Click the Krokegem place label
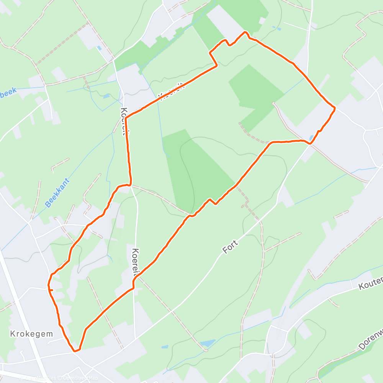[x=32, y=334]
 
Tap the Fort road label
[x=230, y=247]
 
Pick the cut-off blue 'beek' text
[x=8, y=93]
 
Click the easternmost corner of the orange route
[x=335, y=108]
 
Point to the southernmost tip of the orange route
[x=76, y=350]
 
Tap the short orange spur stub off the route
[x=51, y=291]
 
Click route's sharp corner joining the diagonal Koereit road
[x=126, y=117]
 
